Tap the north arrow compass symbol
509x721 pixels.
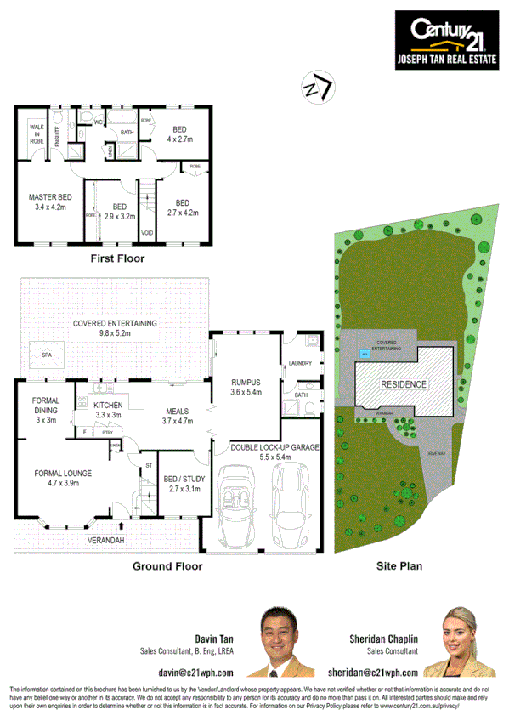[x=316, y=88]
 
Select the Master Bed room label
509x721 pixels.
[x=49, y=202]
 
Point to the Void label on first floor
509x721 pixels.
[x=146, y=231]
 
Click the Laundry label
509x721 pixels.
[x=301, y=364]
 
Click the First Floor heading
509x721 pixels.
[x=117, y=258]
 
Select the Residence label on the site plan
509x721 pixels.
[x=404, y=384]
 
